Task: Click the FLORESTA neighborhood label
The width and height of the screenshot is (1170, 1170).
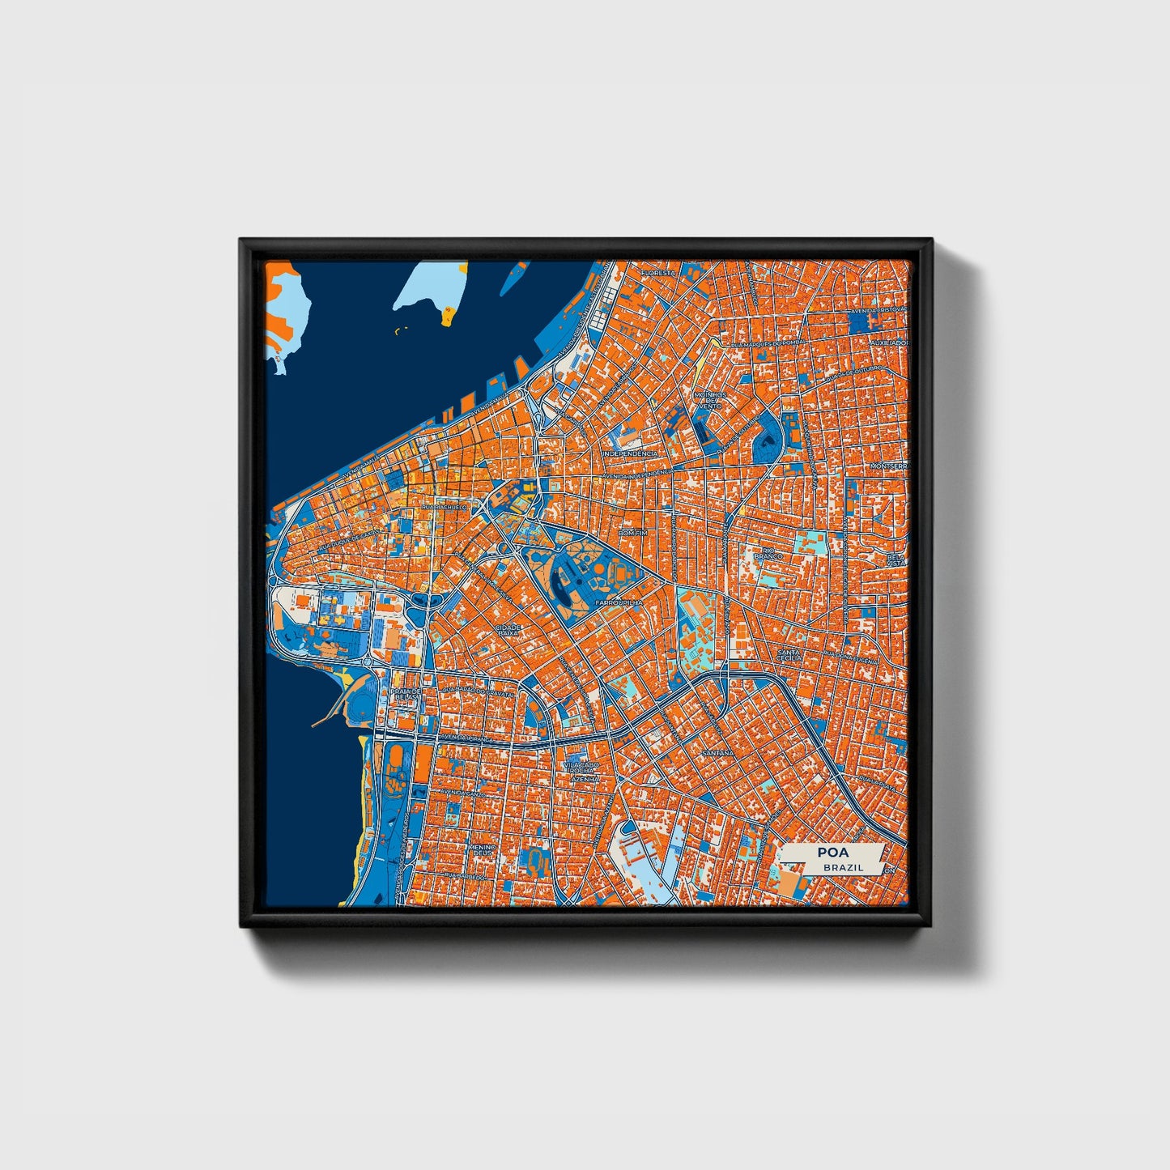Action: (657, 274)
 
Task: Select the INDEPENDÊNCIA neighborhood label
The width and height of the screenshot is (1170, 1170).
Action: (631, 454)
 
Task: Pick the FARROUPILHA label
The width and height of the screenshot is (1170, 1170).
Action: (618, 603)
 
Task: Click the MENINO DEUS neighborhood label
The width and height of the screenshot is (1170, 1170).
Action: (481, 850)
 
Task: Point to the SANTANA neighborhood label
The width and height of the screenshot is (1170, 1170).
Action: (717, 752)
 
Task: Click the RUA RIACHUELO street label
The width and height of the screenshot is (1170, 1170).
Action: (445, 507)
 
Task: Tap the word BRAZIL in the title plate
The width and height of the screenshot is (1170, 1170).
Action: (843, 867)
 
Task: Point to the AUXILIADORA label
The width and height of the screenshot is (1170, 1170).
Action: (888, 342)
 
